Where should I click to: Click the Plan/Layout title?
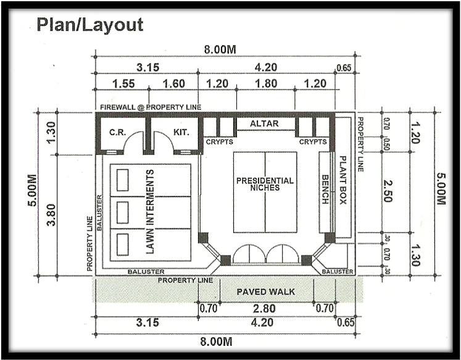[x=90, y=25]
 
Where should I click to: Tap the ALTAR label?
[x=264, y=123]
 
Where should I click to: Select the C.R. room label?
[x=118, y=132]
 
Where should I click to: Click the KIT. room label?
[x=181, y=132]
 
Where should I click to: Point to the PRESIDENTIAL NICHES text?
[x=265, y=184]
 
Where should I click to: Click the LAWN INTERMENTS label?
[x=150, y=211]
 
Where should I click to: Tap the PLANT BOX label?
[x=343, y=180]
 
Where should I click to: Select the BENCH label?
[x=325, y=190]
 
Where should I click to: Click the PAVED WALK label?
[x=266, y=291]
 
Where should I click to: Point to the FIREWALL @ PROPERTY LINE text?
[x=151, y=107]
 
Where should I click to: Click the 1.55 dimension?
[x=123, y=84]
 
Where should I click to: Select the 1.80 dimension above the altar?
[x=266, y=84]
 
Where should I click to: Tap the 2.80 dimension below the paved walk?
[x=264, y=309]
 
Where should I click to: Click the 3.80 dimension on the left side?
[x=51, y=215]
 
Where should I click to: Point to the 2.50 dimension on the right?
[x=388, y=191]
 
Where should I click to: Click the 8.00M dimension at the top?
[x=220, y=49]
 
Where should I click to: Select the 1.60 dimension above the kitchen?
[x=174, y=84]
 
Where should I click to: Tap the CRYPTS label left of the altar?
[x=219, y=142]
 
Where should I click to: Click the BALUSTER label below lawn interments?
[x=146, y=272]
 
